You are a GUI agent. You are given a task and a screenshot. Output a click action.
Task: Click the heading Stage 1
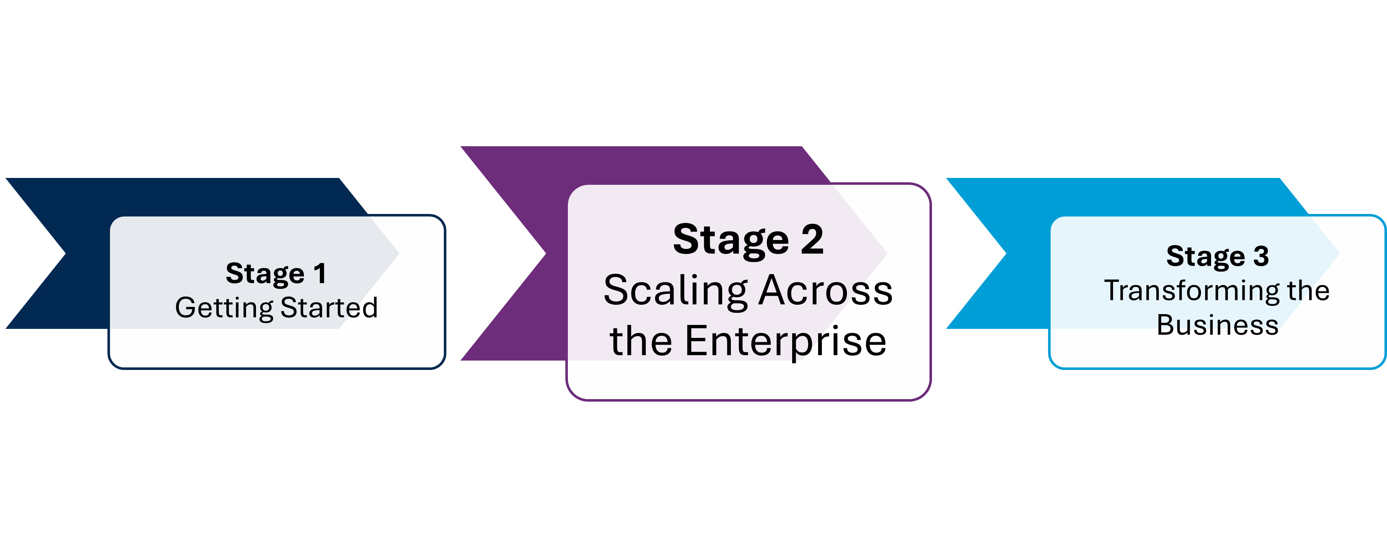pos(276,273)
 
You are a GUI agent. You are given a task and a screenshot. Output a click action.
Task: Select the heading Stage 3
pos(1218,256)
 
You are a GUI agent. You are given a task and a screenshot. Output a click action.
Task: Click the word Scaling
pos(675,291)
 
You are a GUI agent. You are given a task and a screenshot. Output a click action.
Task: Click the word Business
pos(1218,325)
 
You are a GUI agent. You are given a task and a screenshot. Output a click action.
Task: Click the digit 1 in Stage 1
pos(320,273)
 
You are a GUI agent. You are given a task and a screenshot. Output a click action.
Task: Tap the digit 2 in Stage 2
pos(812,240)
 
